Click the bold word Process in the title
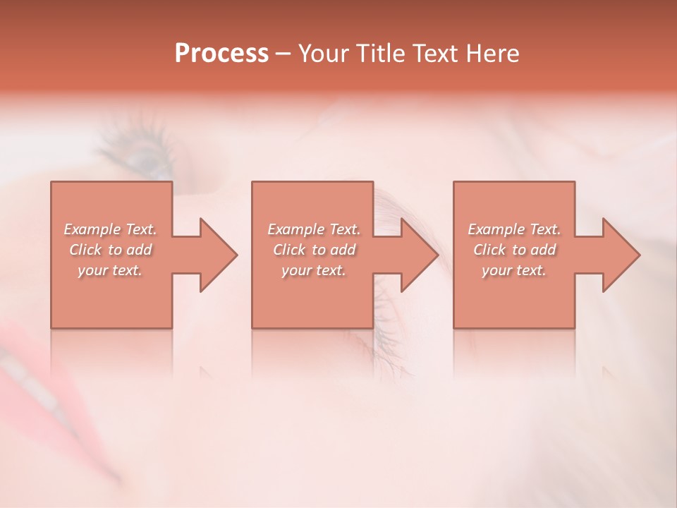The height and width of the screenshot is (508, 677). point(221,54)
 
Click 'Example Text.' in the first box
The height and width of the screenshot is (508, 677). point(110,229)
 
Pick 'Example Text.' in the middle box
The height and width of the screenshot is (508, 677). point(313,229)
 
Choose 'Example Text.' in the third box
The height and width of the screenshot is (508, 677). point(514,229)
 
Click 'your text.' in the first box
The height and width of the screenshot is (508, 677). point(110,270)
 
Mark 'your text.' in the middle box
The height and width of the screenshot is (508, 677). point(313,270)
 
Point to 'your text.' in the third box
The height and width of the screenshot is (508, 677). point(514,270)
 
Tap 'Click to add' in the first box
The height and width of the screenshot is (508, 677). point(110,250)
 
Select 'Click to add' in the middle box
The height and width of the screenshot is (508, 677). point(313,250)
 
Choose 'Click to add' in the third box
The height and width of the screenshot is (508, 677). point(514,250)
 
